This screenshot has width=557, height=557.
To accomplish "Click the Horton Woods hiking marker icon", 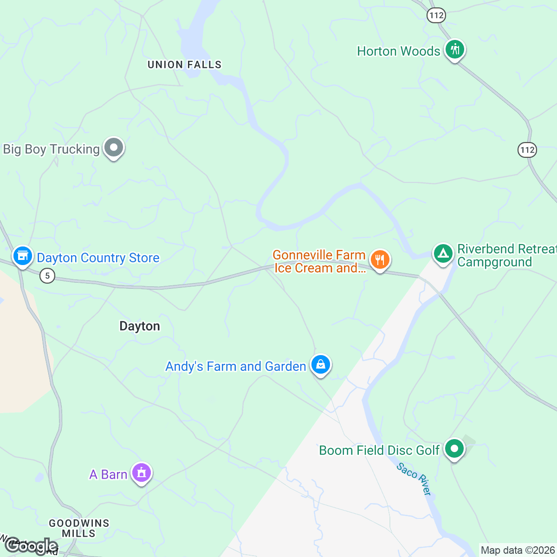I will coord(455,49).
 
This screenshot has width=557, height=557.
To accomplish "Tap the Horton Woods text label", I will coord(398,51).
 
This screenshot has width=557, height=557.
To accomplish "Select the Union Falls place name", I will coord(184,65).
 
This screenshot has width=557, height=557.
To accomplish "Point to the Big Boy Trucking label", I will coord(51,149).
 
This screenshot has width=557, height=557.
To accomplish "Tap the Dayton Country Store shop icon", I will coord(22,256).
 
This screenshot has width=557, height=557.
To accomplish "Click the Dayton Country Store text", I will coord(98,258).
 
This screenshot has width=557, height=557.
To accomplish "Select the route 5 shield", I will coord(47,276).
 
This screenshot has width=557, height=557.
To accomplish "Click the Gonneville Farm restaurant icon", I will coord(380,259).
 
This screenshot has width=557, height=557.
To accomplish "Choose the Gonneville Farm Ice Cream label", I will coord(319,262).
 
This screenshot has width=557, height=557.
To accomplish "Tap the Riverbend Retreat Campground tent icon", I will coord(443,253).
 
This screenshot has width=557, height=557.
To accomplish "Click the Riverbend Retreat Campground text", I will coord(506,256).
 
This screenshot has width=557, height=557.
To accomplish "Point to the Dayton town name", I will coord(140,326).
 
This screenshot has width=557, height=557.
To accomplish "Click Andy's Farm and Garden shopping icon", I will coord(320,364).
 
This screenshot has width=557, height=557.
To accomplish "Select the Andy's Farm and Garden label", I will coord(236,367).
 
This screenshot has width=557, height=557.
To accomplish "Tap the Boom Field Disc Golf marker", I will coord(454,449).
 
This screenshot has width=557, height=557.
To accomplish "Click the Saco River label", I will coord(414,479).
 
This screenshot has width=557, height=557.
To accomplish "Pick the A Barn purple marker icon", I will coord(142,473).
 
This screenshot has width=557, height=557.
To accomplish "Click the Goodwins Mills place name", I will coord(79,528).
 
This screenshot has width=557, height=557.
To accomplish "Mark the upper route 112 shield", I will coord(436,15).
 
